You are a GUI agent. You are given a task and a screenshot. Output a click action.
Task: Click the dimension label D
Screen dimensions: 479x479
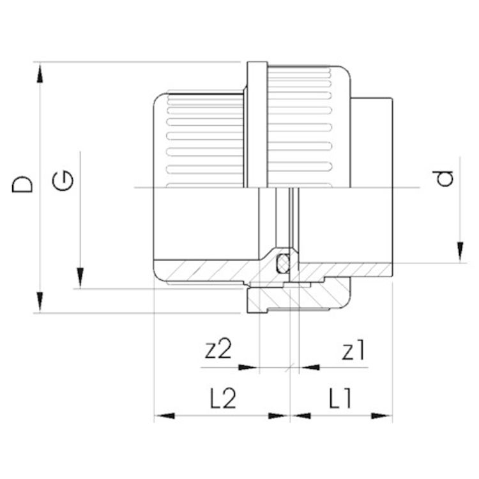tap(22, 184)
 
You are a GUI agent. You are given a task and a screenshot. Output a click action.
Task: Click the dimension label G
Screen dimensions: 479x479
tap(63, 181)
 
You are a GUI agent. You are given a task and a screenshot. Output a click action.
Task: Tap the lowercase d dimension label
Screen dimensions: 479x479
tap(443, 179)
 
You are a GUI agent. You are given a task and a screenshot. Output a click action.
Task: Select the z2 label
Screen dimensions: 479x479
tap(218, 349)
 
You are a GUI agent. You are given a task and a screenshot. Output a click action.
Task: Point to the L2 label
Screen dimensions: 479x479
tap(224, 399)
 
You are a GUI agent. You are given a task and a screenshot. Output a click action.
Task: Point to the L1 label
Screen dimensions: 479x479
tap(340, 399)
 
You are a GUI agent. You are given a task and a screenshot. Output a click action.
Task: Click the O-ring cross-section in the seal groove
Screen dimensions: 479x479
tap(282, 264)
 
